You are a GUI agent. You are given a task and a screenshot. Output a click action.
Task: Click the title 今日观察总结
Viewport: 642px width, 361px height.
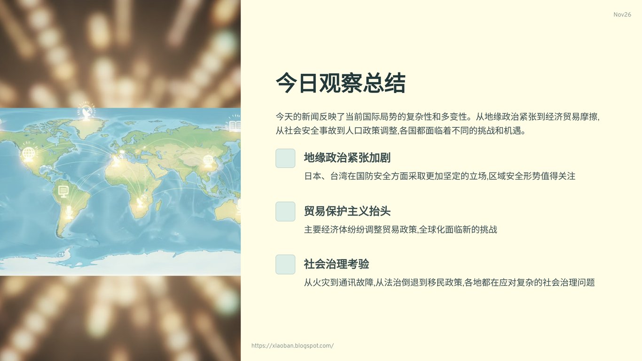[x=340, y=83]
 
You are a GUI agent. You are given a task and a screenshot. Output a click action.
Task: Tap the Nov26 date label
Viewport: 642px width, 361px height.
[x=622, y=15]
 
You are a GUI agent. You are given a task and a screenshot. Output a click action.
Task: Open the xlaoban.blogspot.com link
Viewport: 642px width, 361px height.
[x=292, y=346]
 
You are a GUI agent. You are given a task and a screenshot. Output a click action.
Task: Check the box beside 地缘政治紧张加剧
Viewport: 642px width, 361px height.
[x=285, y=158]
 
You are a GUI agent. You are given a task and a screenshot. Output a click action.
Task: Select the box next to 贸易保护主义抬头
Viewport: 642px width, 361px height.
[x=285, y=212]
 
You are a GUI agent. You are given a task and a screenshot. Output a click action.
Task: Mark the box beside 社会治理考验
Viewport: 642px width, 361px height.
[x=285, y=264]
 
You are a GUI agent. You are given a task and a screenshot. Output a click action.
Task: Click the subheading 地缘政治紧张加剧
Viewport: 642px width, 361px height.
[x=347, y=158]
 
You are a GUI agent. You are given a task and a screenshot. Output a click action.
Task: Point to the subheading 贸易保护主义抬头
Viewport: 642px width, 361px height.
[x=347, y=211]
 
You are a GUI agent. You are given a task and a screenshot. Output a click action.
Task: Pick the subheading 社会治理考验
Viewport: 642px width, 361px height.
[x=336, y=264]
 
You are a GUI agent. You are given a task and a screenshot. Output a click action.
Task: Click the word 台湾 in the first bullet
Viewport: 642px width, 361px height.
[x=339, y=176]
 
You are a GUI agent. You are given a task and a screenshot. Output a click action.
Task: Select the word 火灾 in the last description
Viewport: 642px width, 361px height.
[x=317, y=283]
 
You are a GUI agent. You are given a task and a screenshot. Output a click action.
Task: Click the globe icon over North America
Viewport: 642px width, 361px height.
[x=29, y=154]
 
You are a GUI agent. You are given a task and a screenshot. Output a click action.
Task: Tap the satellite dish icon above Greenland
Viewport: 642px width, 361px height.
[x=86, y=112]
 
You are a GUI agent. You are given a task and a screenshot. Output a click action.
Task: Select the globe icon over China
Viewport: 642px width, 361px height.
[x=208, y=161]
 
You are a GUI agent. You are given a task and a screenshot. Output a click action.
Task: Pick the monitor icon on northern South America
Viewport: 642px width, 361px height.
[x=63, y=191]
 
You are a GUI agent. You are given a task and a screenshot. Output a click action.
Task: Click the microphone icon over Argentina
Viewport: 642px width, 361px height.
[x=69, y=211]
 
